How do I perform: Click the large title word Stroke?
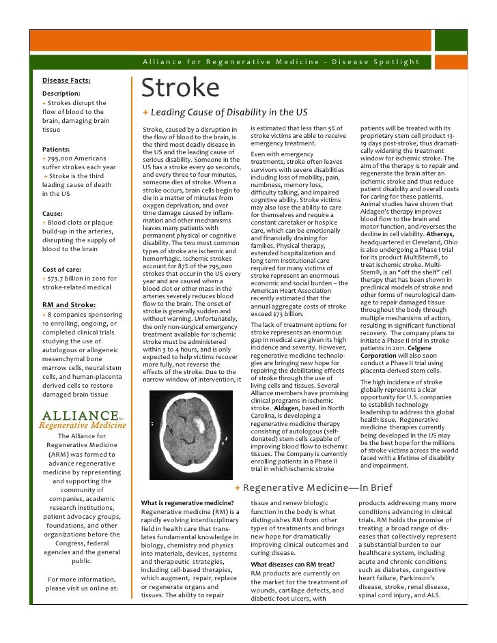coord(180,89)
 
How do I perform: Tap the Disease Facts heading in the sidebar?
coord(66,79)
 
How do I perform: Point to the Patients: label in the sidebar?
coord(58,148)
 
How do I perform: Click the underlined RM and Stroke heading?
coord(69,304)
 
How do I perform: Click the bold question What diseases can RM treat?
coord(294,565)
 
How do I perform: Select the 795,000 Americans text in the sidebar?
coord(72,158)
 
